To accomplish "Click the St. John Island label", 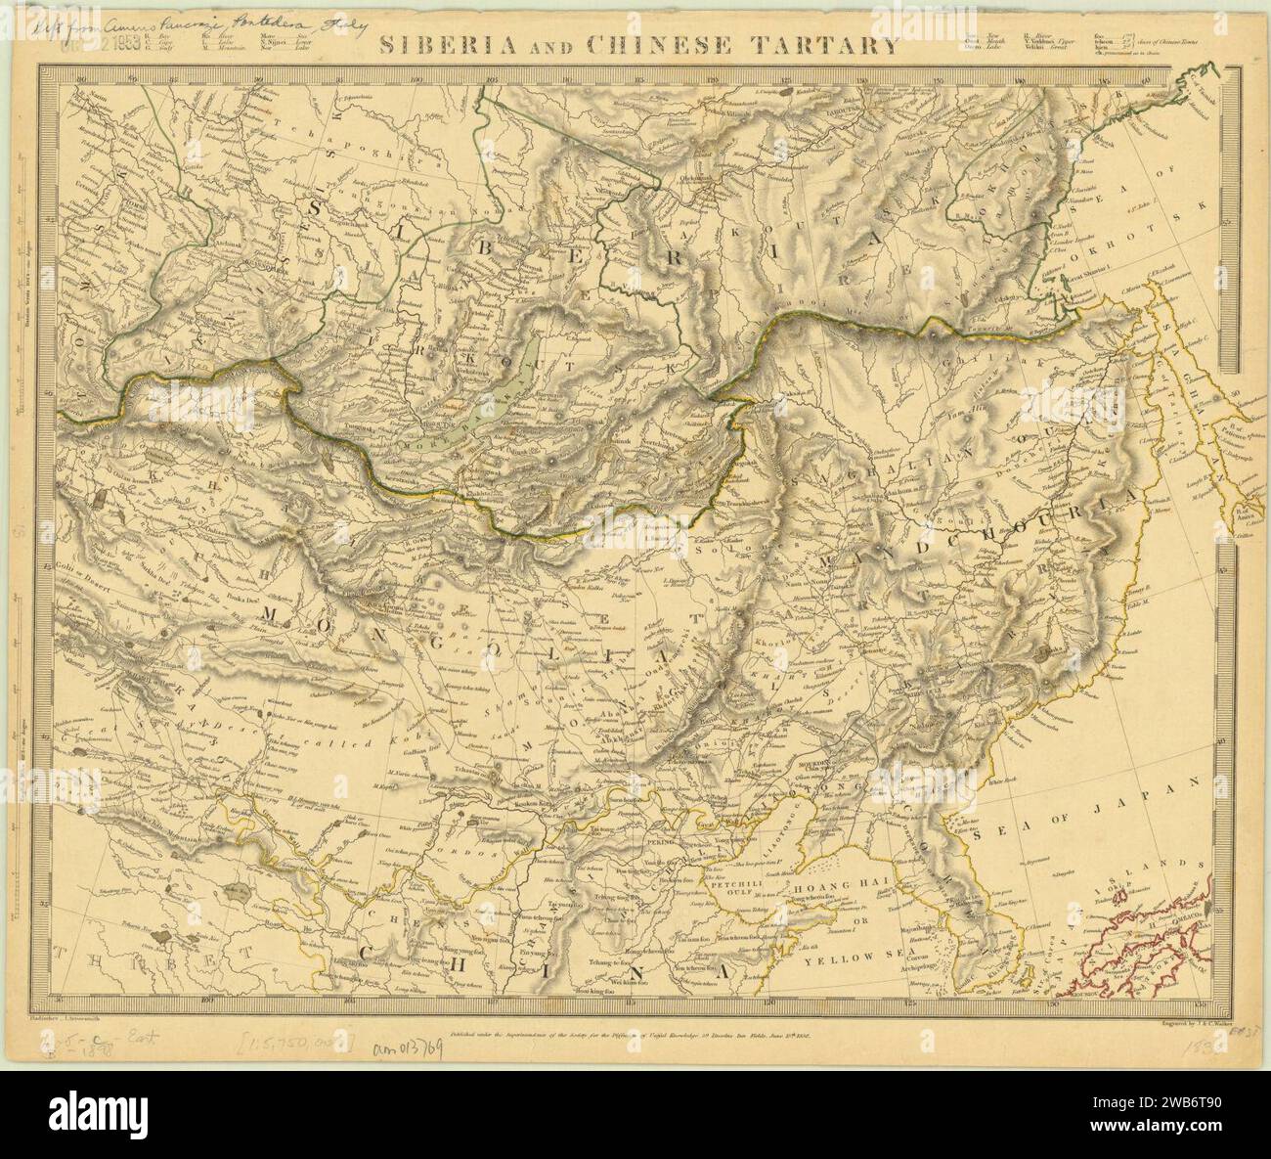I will click(x=1139, y=207).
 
